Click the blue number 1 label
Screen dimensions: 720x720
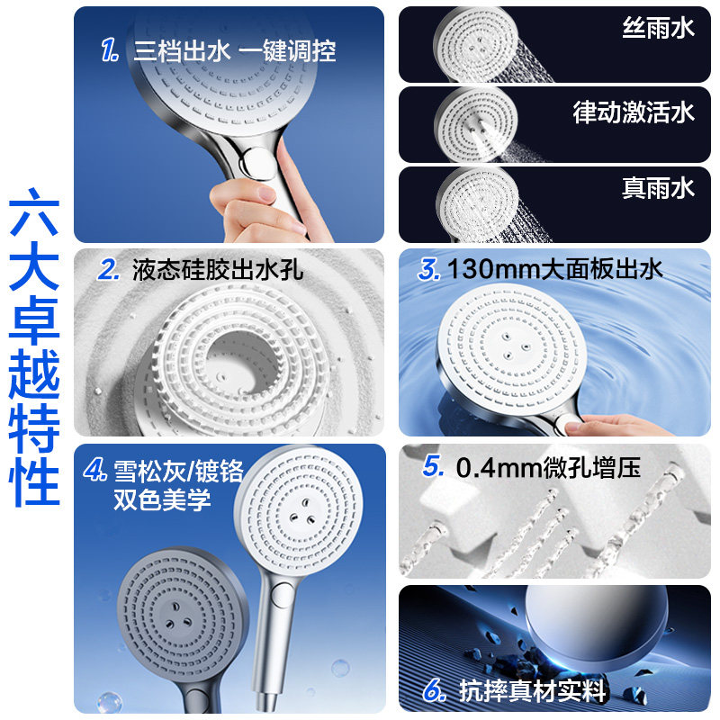point(109,50)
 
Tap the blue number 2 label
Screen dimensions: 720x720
point(108,269)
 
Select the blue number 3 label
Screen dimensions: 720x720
point(429,269)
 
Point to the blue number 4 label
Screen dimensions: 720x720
point(95,470)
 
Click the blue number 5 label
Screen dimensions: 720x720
point(433,466)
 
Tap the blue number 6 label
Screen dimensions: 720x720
point(435,689)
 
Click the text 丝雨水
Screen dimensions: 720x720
point(658,28)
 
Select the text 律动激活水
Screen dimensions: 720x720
point(634,112)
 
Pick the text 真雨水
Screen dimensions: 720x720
point(658,188)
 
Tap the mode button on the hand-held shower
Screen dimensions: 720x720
point(259,162)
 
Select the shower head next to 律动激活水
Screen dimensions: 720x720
point(476,124)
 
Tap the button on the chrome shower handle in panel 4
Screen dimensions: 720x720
point(278,597)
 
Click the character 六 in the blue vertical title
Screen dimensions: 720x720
point(34,212)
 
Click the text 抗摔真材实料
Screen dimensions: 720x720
point(532,691)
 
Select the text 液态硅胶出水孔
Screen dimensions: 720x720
point(218,269)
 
